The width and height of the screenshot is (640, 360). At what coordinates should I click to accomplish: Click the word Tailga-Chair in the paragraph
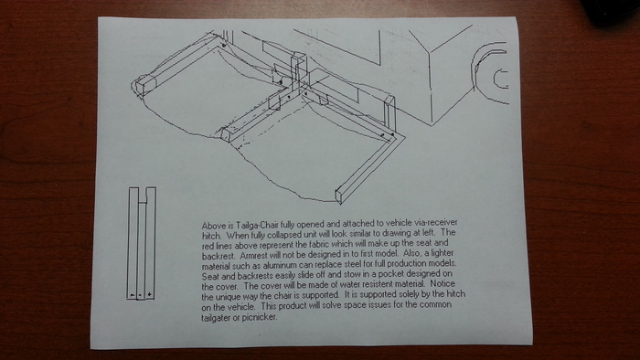(x=255, y=225)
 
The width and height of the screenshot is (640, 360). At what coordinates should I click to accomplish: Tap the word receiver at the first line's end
(x=444, y=223)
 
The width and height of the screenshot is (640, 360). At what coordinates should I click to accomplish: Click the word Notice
(x=443, y=283)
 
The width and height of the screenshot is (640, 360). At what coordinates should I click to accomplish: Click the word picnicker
(x=260, y=317)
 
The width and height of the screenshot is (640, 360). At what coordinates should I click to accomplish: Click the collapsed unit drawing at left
(x=141, y=244)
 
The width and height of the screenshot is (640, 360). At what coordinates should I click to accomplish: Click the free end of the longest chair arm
(x=339, y=196)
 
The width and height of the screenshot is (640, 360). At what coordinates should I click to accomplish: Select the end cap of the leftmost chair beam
(x=141, y=87)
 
